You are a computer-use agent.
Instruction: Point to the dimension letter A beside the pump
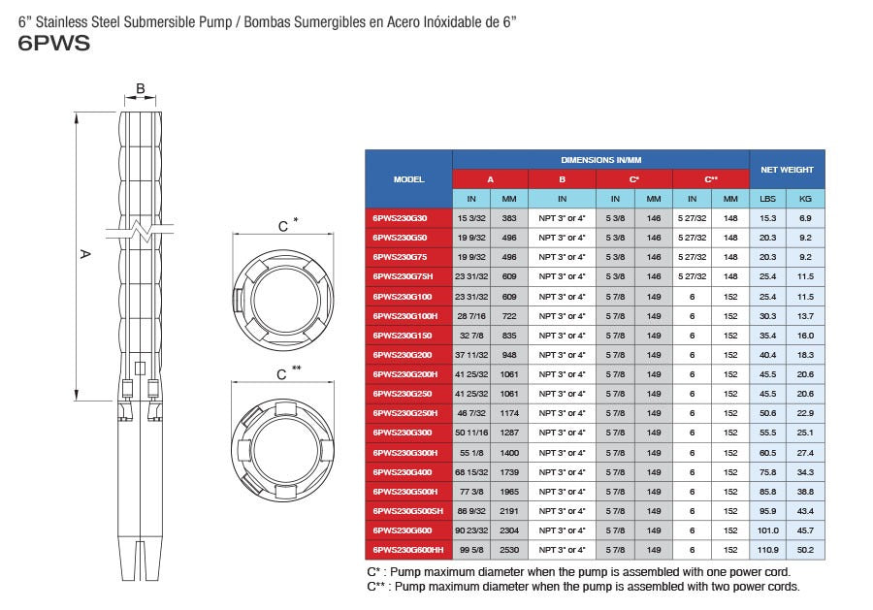pyautogui.click(x=84, y=255)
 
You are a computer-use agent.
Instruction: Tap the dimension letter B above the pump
pyautogui.click(x=141, y=89)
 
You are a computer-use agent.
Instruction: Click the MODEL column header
pyautogui.click(x=408, y=178)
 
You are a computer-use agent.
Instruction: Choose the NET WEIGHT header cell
pyautogui.click(x=787, y=169)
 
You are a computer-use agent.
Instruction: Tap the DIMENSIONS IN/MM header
pyautogui.click(x=600, y=159)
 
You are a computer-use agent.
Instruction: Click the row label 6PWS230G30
pyautogui.click(x=408, y=218)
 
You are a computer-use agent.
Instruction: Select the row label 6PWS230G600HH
pyautogui.click(x=408, y=550)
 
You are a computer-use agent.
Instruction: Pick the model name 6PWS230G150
pyautogui.click(x=408, y=336)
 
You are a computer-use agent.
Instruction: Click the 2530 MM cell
pyautogui.click(x=509, y=550)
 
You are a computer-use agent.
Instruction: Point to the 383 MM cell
pyautogui.click(x=509, y=218)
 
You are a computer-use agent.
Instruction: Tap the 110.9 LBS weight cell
pyautogui.click(x=767, y=550)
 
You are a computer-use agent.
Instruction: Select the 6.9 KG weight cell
pyautogui.click(x=805, y=218)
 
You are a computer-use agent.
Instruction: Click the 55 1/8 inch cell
pyautogui.click(x=471, y=453)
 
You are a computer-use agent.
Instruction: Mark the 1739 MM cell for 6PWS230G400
pyautogui.click(x=509, y=472)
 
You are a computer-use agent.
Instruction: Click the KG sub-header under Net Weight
pyautogui.click(x=805, y=198)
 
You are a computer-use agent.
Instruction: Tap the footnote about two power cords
pyautogui.click(x=583, y=587)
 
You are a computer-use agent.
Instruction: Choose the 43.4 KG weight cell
pyautogui.click(x=805, y=511)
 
